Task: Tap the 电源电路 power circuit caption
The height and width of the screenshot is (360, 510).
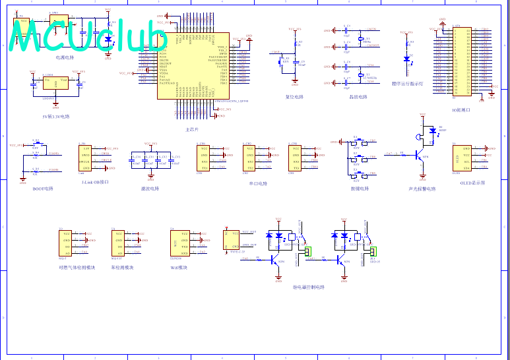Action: click(x=75, y=57)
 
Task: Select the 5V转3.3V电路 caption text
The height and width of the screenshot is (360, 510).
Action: click(x=55, y=116)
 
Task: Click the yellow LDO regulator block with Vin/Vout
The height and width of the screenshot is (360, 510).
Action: click(x=55, y=83)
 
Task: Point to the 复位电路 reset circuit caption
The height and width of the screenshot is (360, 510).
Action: click(x=294, y=97)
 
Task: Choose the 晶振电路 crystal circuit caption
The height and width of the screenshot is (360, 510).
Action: click(x=358, y=97)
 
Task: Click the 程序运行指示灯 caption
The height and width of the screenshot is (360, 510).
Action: click(x=408, y=84)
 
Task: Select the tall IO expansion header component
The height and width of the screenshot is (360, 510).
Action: click(x=461, y=61)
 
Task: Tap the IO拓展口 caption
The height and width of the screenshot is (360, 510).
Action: click(x=461, y=109)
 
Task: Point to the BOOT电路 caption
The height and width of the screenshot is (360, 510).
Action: click(x=43, y=189)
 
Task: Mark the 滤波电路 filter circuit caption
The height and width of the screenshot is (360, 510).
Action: click(x=150, y=189)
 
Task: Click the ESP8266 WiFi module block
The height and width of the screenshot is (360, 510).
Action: click(x=180, y=242)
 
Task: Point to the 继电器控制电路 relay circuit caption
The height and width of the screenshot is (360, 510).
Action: click(x=309, y=287)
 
